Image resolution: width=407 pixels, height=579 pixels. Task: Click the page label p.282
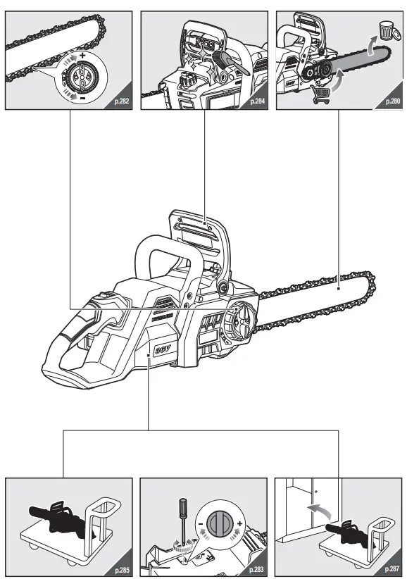[x=120, y=102]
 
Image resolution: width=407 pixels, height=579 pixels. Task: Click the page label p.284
[x=257, y=102]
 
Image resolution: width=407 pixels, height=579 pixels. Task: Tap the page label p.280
[x=392, y=102]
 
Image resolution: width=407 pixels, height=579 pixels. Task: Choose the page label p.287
[x=392, y=569]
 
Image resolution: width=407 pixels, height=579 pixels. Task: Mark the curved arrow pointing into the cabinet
[x=321, y=509]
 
